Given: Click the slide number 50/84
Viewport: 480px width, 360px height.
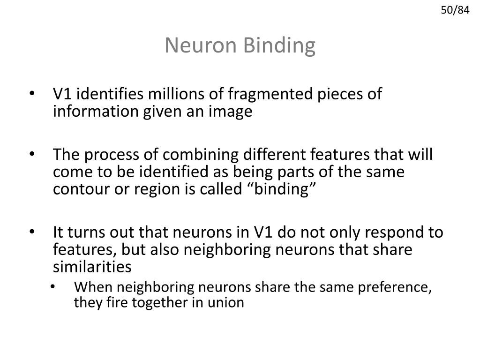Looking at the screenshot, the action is click(x=455, y=9).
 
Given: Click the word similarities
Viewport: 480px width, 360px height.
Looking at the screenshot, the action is click(x=92, y=267).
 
